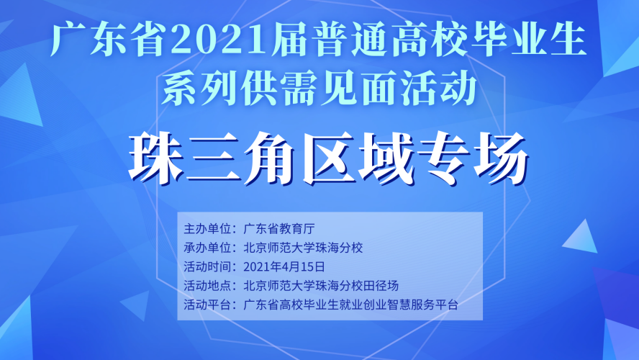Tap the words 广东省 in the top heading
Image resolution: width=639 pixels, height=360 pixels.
point(110,40)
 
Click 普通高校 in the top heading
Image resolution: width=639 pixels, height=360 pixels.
point(391,40)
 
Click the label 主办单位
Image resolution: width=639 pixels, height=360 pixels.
point(207,229)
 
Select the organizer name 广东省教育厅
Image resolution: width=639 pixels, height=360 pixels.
point(279,229)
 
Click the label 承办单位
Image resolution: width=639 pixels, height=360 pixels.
point(207,248)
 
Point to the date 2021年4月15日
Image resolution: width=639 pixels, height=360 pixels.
point(284,266)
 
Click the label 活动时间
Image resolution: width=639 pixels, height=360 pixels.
point(207,266)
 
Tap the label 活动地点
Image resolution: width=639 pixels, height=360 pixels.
point(207,285)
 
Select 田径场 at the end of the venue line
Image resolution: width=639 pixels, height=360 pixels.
point(381,285)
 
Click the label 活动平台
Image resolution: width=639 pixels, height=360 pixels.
point(207,305)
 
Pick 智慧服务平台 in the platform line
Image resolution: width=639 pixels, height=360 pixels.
point(422,305)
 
